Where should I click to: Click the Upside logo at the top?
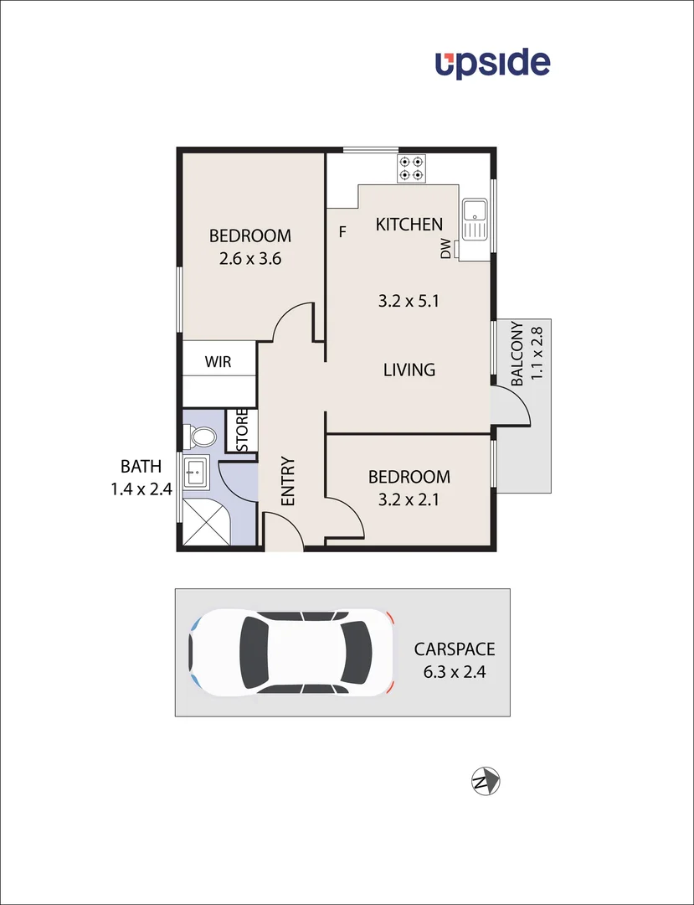492,64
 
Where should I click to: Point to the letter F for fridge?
342,232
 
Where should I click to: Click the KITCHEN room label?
409,225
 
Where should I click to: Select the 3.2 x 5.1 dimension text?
409,300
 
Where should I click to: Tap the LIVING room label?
409,370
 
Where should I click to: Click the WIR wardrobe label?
218,363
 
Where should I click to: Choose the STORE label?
242,430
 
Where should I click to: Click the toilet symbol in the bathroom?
201,436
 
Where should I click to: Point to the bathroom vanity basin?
196,472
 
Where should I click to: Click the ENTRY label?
287,481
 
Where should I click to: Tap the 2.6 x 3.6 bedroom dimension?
249,259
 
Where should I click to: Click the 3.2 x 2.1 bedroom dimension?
409,500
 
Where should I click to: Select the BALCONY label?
517,354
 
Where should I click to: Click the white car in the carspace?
291,652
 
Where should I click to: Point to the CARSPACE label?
455,649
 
